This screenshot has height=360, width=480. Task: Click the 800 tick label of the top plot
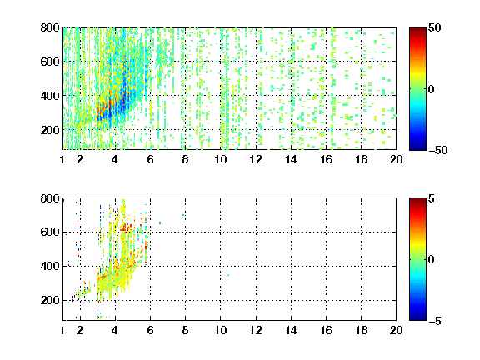click(x=50, y=27)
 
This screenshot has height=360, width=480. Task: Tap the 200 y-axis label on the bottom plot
click(x=50, y=300)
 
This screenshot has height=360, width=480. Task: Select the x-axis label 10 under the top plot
click(x=220, y=159)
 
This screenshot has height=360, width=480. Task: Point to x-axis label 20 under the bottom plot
click(x=396, y=330)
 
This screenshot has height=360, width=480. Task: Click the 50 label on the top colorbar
click(x=435, y=27)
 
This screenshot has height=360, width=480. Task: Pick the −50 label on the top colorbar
click(x=438, y=150)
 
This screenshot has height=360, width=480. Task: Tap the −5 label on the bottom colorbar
click(x=435, y=321)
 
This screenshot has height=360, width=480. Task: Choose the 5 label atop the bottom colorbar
click(x=432, y=198)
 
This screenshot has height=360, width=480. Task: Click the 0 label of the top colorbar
click(x=432, y=89)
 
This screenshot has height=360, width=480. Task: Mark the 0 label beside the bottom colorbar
click(x=432, y=260)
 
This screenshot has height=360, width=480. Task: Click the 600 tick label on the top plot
click(x=50, y=62)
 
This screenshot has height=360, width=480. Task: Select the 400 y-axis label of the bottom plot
click(x=50, y=266)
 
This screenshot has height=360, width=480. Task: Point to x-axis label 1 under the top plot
click(x=62, y=159)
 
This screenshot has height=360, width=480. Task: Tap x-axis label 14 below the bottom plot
click(x=291, y=330)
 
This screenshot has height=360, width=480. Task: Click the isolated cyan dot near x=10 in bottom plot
click(x=228, y=275)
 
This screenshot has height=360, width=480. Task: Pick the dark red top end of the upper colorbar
click(x=417, y=29)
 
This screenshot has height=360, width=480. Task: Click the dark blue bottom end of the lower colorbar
click(x=417, y=318)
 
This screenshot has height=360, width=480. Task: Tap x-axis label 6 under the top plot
click(x=150, y=159)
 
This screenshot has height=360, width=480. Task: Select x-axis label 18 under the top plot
click(x=361, y=159)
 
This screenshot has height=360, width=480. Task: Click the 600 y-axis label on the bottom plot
click(x=50, y=232)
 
